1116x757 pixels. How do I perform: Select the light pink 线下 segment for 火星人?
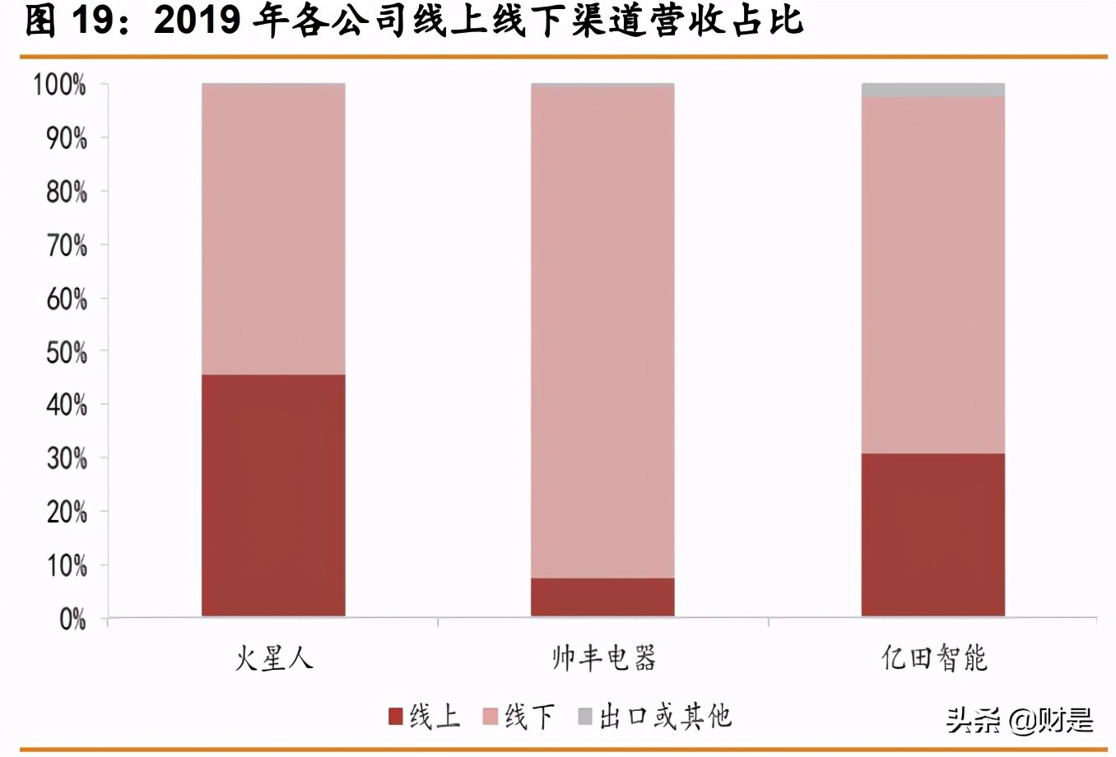click(273, 230)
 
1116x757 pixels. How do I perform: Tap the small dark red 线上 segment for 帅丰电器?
click(602, 597)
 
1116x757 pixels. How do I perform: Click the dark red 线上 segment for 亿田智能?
click(932, 535)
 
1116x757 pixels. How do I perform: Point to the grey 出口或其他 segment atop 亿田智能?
click(932, 90)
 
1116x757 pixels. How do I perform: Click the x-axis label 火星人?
click(273, 658)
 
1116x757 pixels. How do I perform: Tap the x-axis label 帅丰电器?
click(603, 658)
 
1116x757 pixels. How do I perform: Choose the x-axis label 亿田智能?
click(933, 658)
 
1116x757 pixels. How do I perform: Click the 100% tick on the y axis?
click(59, 84)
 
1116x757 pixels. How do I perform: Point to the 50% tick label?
click(66, 352)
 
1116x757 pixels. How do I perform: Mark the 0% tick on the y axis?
click(72, 619)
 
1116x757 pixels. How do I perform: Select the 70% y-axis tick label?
click(66, 245)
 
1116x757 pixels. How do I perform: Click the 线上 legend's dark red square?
click(396, 716)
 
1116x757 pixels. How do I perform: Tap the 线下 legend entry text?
click(529, 716)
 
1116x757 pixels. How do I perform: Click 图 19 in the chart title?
click(67, 21)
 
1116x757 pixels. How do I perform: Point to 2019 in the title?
click(197, 21)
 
